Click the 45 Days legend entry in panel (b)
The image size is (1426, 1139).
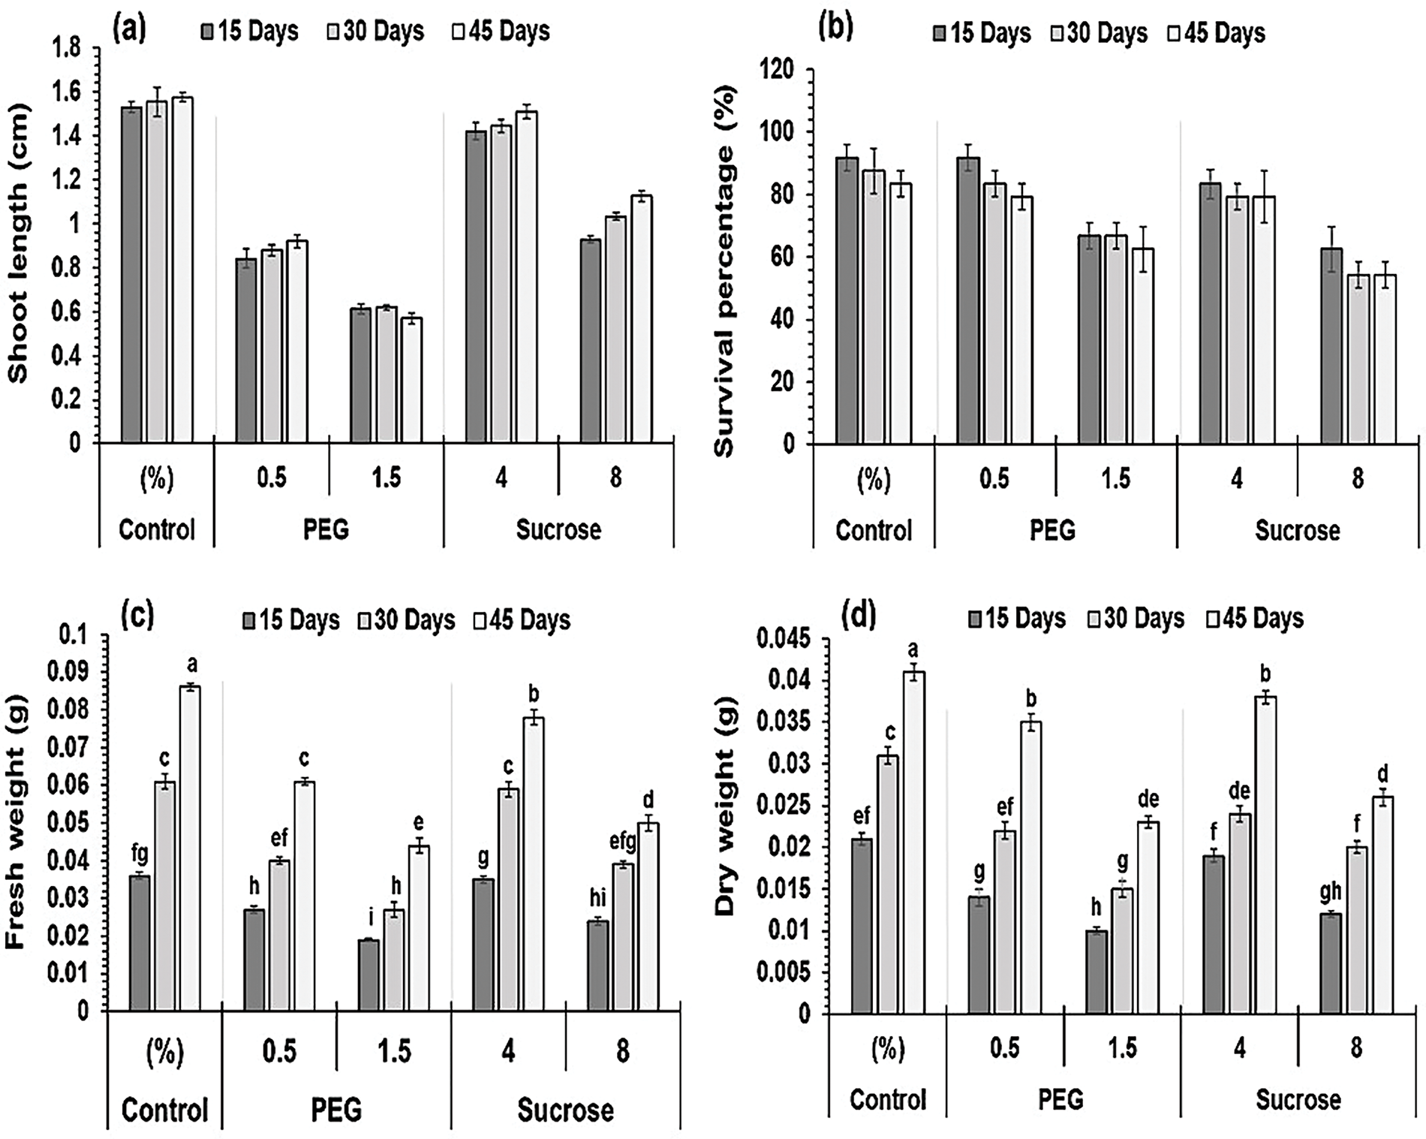coord(1217,33)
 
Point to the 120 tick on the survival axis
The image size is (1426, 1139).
coord(777,70)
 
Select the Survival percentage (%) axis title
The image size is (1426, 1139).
coord(725,271)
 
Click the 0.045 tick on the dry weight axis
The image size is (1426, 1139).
coord(784,640)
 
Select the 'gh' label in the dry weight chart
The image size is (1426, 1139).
coord(1331,892)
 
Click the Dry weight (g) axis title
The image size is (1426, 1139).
coord(725,823)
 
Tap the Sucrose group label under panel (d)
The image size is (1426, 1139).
coord(1298,1099)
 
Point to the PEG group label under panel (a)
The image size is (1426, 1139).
coord(326,529)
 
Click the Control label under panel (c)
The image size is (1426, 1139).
coord(164,1110)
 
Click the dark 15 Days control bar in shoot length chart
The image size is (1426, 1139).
coord(131,274)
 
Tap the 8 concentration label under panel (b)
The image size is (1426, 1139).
coord(1357,478)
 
